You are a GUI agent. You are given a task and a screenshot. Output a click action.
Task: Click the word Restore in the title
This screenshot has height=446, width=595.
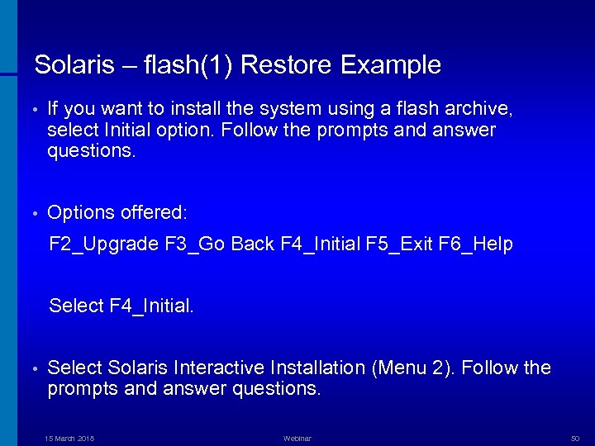point(290,65)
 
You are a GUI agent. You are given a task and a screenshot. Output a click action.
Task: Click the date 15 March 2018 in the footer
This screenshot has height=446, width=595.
point(69,439)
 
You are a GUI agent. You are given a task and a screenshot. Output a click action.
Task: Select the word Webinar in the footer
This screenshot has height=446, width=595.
point(297,439)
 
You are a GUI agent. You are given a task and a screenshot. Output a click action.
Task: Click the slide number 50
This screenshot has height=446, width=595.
point(575,439)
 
